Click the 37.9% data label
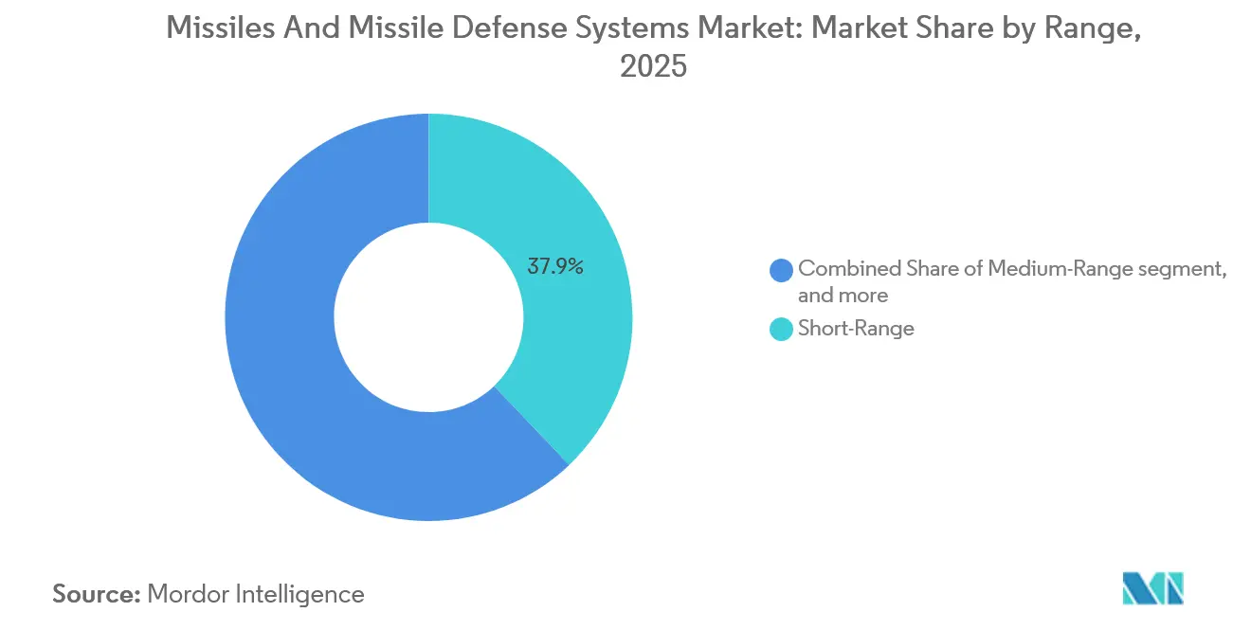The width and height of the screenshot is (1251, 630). [x=555, y=267]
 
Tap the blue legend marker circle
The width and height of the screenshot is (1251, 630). [x=782, y=270]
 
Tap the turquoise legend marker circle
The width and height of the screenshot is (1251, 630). [x=782, y=329]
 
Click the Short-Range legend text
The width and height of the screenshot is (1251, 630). [x=856, y=329]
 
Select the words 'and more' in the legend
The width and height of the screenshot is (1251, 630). [x=843, y=296]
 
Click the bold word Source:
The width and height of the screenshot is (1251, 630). [x=95, y=594]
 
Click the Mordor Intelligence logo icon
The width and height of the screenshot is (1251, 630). [x=1152, y=588]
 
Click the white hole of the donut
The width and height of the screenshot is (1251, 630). [x=428, y=317]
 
